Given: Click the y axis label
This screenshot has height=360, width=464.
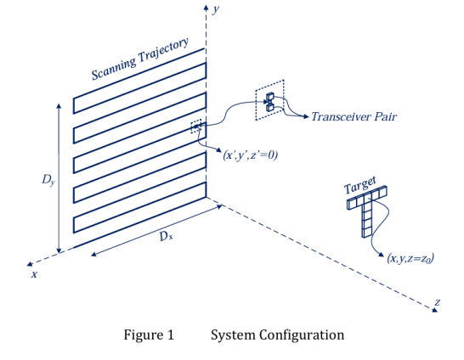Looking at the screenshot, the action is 216,9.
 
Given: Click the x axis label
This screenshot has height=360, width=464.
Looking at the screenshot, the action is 35,274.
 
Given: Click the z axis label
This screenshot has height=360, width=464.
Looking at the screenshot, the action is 438,302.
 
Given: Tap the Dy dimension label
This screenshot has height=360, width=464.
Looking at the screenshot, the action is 48,180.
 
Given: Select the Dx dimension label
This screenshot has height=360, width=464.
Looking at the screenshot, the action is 167,236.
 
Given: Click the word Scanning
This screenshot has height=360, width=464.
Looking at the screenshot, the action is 113,68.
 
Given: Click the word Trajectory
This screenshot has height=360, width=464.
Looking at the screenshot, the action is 164,52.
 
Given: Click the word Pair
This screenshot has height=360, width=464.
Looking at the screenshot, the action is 385,116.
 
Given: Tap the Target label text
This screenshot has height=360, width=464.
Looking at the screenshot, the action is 359,185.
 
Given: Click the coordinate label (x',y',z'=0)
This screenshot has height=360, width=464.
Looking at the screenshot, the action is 251,155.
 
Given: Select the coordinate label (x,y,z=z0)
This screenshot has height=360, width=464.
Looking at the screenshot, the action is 410,258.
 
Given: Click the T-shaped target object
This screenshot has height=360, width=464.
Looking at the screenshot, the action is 367,210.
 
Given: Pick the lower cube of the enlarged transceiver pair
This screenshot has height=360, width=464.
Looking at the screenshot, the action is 270,107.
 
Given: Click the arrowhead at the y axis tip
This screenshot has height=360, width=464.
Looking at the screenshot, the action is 206,7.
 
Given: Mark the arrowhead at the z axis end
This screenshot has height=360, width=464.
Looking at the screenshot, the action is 434,309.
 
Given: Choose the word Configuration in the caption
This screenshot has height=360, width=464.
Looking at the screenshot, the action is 302,335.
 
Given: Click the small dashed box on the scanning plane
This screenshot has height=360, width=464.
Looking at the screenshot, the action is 196,127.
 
